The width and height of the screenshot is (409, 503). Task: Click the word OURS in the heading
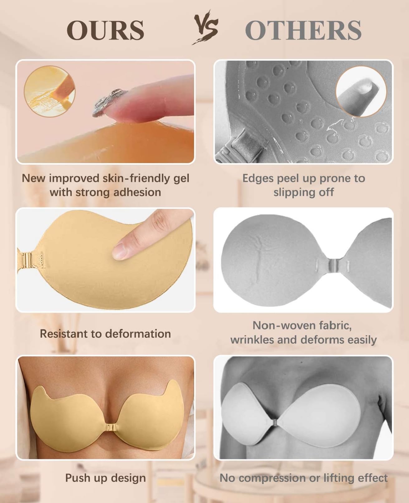click(x=105, y=30)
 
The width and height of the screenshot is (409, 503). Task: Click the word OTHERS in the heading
click(x=303, y=30)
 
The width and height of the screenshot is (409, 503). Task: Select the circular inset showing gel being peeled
click(x=50, y=91)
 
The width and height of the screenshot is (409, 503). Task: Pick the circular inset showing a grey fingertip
click(x=361, y=91)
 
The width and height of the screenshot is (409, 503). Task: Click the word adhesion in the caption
click(x=137, y=192)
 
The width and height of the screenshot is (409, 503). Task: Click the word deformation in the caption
click(x=138, y=334)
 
